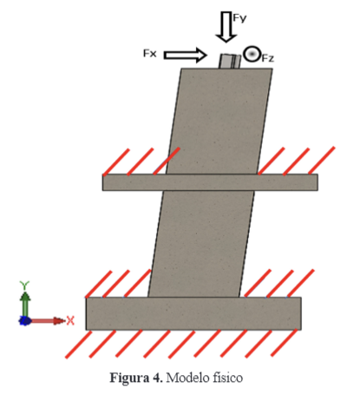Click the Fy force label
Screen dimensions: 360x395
click(239, 18)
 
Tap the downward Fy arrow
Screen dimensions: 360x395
click(226, 27)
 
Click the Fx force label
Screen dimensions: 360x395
click(150, 54)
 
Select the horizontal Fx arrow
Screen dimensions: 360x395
click(186, 55)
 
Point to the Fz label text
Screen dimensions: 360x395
click(268, 59)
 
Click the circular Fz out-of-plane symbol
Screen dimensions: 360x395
click(252, 54)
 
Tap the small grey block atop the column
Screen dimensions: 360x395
click(230, 62)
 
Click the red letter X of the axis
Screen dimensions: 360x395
click(70, 320)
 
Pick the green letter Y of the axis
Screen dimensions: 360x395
click(24, 286)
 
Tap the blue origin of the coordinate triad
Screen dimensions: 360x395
click(25, 320)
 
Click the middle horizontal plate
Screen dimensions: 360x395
click(210, 182)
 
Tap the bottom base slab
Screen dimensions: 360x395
click(193, 313)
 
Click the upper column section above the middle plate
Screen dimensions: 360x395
click(219, 122)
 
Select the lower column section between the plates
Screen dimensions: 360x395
click(201, 244)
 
